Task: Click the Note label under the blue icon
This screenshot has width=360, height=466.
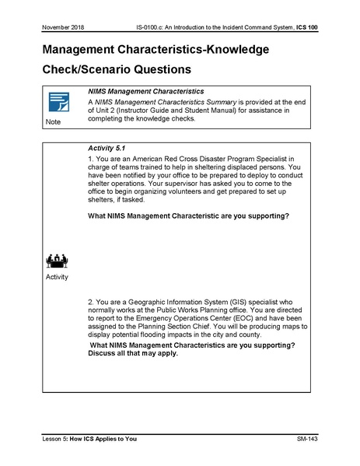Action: click(x=53, y=122)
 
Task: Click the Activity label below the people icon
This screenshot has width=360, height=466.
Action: click(x=57, y=276)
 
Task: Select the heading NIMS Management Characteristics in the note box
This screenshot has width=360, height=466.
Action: click(x=146, y=92)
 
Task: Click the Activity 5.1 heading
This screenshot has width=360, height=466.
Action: click(x=109, y=147)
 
